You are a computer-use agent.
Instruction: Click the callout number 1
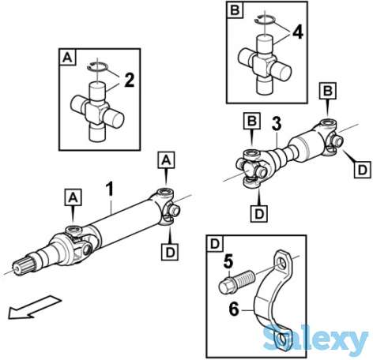pyautogui.click(x=110, y=189)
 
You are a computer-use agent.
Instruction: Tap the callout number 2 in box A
pyautogui.click(x=129, y=80)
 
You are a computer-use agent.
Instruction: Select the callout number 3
pyautogui.click(x=277, y=124)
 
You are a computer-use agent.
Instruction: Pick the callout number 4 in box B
pyautogui.click(x=297, y=32)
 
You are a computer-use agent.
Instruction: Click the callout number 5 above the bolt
pyautogui.click(x=228, y=263)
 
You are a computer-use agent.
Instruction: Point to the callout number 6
pyautogui.click(x=234, y=309)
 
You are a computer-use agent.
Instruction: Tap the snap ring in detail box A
pyautogui.click(x=97, y=66)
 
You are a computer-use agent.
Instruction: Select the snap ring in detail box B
pyautogui.click(x=265, y=20)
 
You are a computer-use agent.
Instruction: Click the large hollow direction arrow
pyautogui.click(x=34, y=307)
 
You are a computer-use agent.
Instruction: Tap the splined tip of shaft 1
pyautogui.click(x=23, y=267)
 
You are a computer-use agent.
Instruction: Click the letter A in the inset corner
pyautogui.click(x=67, y=58)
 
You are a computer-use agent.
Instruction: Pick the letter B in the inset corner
pyautogui.click(x=235, y=11)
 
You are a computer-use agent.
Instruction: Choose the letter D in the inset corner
pyautogui.click(x=215, y=244)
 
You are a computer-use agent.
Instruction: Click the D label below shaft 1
pyautogui.click(x=170, y=252)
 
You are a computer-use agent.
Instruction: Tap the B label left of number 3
pyautogui.click(x=252, y=121)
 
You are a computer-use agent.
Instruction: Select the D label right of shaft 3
pyautogui.click(x=363, y=170)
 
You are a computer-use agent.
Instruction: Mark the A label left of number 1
pyautogui.click(x=73, y=197)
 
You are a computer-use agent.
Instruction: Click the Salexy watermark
pyautogui.click(x=315, y=339)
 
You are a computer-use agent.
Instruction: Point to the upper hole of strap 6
pyautogui.click(x=281, y=264)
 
